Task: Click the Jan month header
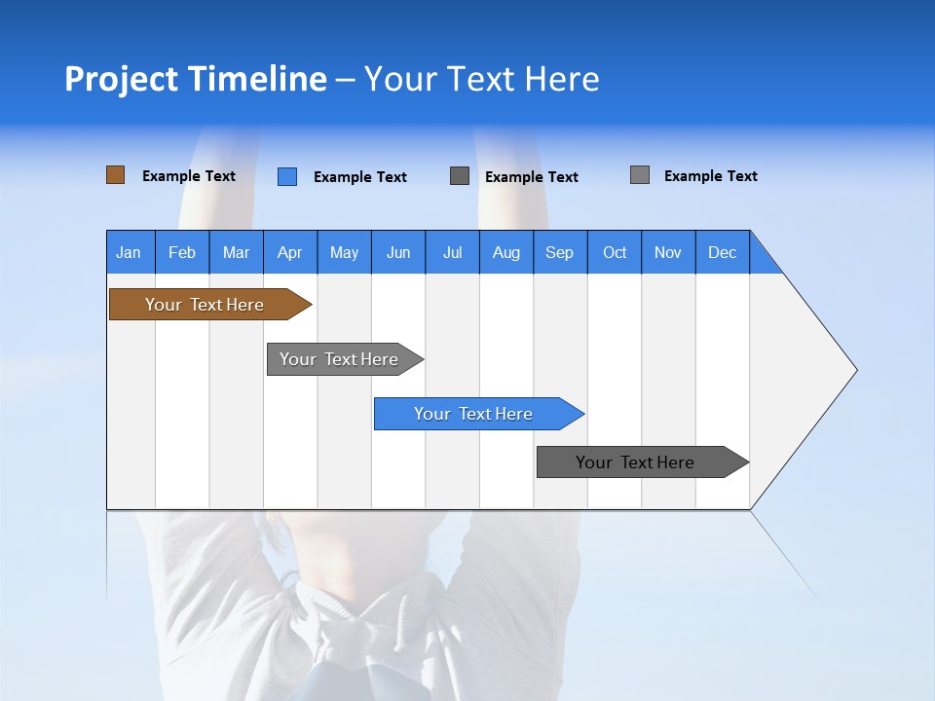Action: tap(130, 252)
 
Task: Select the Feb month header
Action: tap(182, 252)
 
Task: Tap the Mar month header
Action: tap(236, 252)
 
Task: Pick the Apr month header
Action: tap(290, 252)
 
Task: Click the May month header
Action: tap(344, 252)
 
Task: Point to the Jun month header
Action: tap(398, 252)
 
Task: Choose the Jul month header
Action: tap(452, 252)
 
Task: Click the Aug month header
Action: tap(506, 252)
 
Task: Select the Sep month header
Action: tap(560, 252)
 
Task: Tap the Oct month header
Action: tap(615, 252)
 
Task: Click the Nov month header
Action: tap(668, 252)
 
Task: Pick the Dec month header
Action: tap(723, 252)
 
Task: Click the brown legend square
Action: tap(115, 175)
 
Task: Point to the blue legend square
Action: tap(287, 176)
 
